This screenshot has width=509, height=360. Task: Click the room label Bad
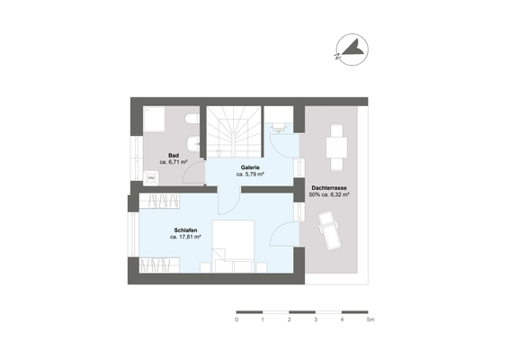coord(173,156)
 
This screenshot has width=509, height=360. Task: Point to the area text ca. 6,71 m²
coord(173,163)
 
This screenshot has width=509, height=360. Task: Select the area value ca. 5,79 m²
coord(249,174)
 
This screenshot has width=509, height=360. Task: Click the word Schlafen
coord(186,231)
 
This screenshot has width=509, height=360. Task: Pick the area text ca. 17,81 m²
coord(186,238)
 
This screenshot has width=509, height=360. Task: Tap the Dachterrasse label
coord(329,186)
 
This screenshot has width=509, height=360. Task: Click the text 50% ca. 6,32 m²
coord(329,193)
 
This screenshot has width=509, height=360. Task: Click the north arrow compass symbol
coord(352,52)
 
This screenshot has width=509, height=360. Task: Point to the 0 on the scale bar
coord(237,319)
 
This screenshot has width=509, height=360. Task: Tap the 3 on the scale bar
coord(316,319)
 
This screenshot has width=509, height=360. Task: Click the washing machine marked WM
coord(151,178)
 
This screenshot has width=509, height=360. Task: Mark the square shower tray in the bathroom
coord(153,120)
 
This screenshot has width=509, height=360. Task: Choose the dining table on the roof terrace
coord(336,147)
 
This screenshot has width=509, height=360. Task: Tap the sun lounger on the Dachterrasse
coord(329,232)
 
